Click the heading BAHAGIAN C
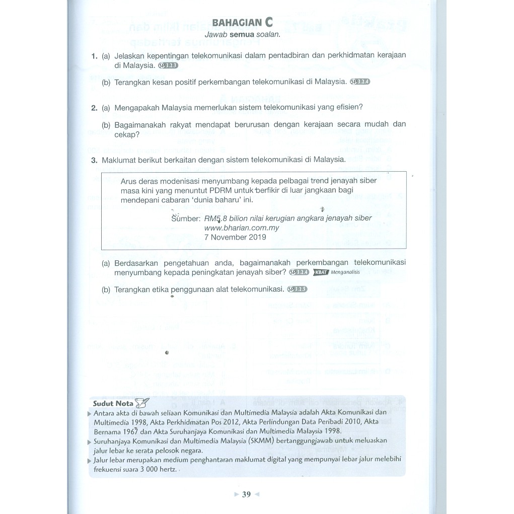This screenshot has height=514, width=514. tap(243, 22)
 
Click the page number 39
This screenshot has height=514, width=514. tap(246, 494)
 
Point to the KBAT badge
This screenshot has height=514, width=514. tap(321, 272)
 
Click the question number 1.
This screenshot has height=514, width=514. tap(94, 56)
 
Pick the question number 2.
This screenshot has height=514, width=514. tap(94, 107)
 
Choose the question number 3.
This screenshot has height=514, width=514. tap(94, 160)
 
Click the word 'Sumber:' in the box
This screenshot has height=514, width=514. tap(186, 218)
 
